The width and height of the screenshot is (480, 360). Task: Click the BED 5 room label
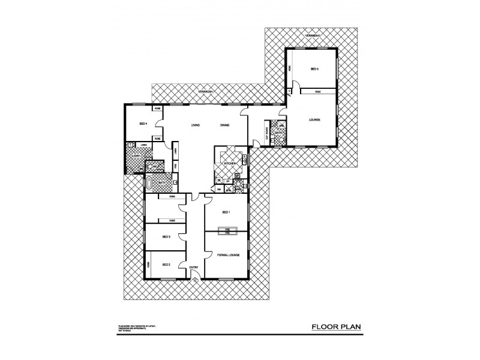click(314, 70)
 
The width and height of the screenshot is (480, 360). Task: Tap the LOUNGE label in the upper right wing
click(314, 120)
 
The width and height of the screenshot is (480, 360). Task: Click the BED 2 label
click(166, 265)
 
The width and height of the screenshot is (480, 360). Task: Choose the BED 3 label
click(166, 237)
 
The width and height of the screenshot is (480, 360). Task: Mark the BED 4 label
click(143, 124)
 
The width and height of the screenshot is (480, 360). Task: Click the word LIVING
click(195, 125)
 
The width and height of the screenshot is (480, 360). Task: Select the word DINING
click(224, 125)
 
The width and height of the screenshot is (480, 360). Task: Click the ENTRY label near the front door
click(194, 267)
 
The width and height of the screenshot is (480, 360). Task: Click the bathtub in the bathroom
click(150, 182)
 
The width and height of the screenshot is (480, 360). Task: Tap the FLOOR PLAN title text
click(335, 328)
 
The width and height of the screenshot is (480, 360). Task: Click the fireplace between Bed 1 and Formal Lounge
click(228, 230)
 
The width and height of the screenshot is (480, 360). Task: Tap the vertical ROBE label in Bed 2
click(148, 264)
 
